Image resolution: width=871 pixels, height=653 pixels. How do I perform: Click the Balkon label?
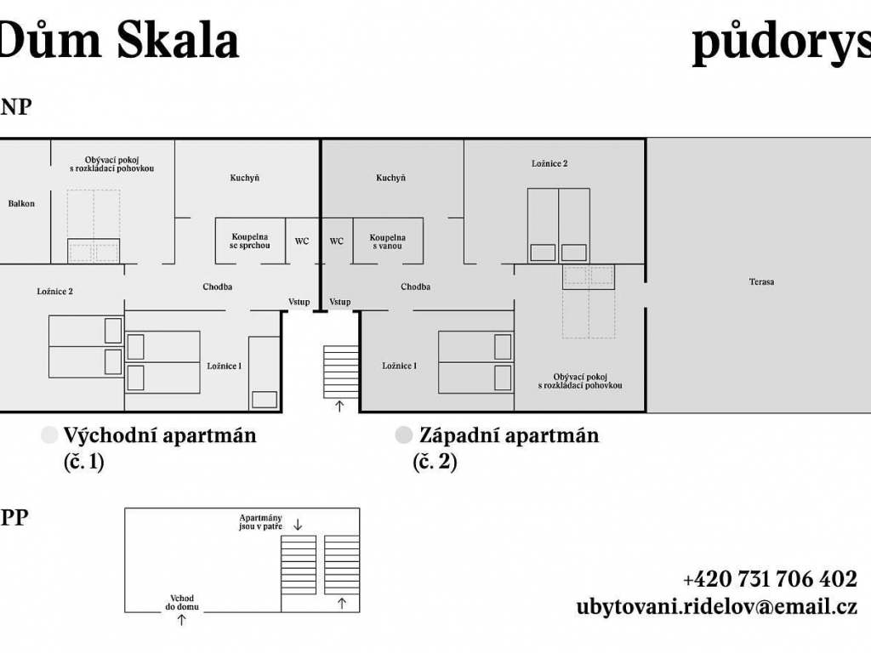point(21,204)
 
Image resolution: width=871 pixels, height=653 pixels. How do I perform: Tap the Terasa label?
point(761,281)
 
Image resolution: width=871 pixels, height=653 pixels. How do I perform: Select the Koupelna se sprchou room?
point(251,241)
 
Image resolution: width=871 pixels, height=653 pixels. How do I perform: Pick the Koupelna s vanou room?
point(388,241)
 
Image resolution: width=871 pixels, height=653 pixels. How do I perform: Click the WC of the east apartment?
point(302,241)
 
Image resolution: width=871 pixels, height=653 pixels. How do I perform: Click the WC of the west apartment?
point(337,241)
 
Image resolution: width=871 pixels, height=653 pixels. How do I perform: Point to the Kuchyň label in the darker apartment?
point(390,178)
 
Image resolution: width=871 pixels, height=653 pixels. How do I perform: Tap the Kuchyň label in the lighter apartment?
point(245,178)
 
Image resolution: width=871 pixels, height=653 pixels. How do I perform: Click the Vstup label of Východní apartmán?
point(299,302)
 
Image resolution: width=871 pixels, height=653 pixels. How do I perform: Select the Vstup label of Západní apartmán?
point(340,302)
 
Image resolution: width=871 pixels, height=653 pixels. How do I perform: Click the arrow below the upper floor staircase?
point(339,406)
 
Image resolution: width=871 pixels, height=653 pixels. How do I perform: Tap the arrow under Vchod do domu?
point(182,620)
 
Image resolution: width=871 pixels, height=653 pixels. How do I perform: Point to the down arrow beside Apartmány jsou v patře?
point(298,525)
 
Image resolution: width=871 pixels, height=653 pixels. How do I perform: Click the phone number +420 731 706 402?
point(770,579)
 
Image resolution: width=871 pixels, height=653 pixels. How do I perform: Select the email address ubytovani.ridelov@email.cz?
point(716,606)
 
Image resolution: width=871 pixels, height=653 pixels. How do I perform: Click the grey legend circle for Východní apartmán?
point(49,435)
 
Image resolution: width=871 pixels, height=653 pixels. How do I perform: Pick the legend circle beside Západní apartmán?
point(404,435)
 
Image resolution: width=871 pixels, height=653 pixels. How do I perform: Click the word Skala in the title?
point(178,41)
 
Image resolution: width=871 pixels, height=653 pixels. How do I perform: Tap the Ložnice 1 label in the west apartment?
point(400,366)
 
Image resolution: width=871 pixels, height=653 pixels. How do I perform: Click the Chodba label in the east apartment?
point(217,287)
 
